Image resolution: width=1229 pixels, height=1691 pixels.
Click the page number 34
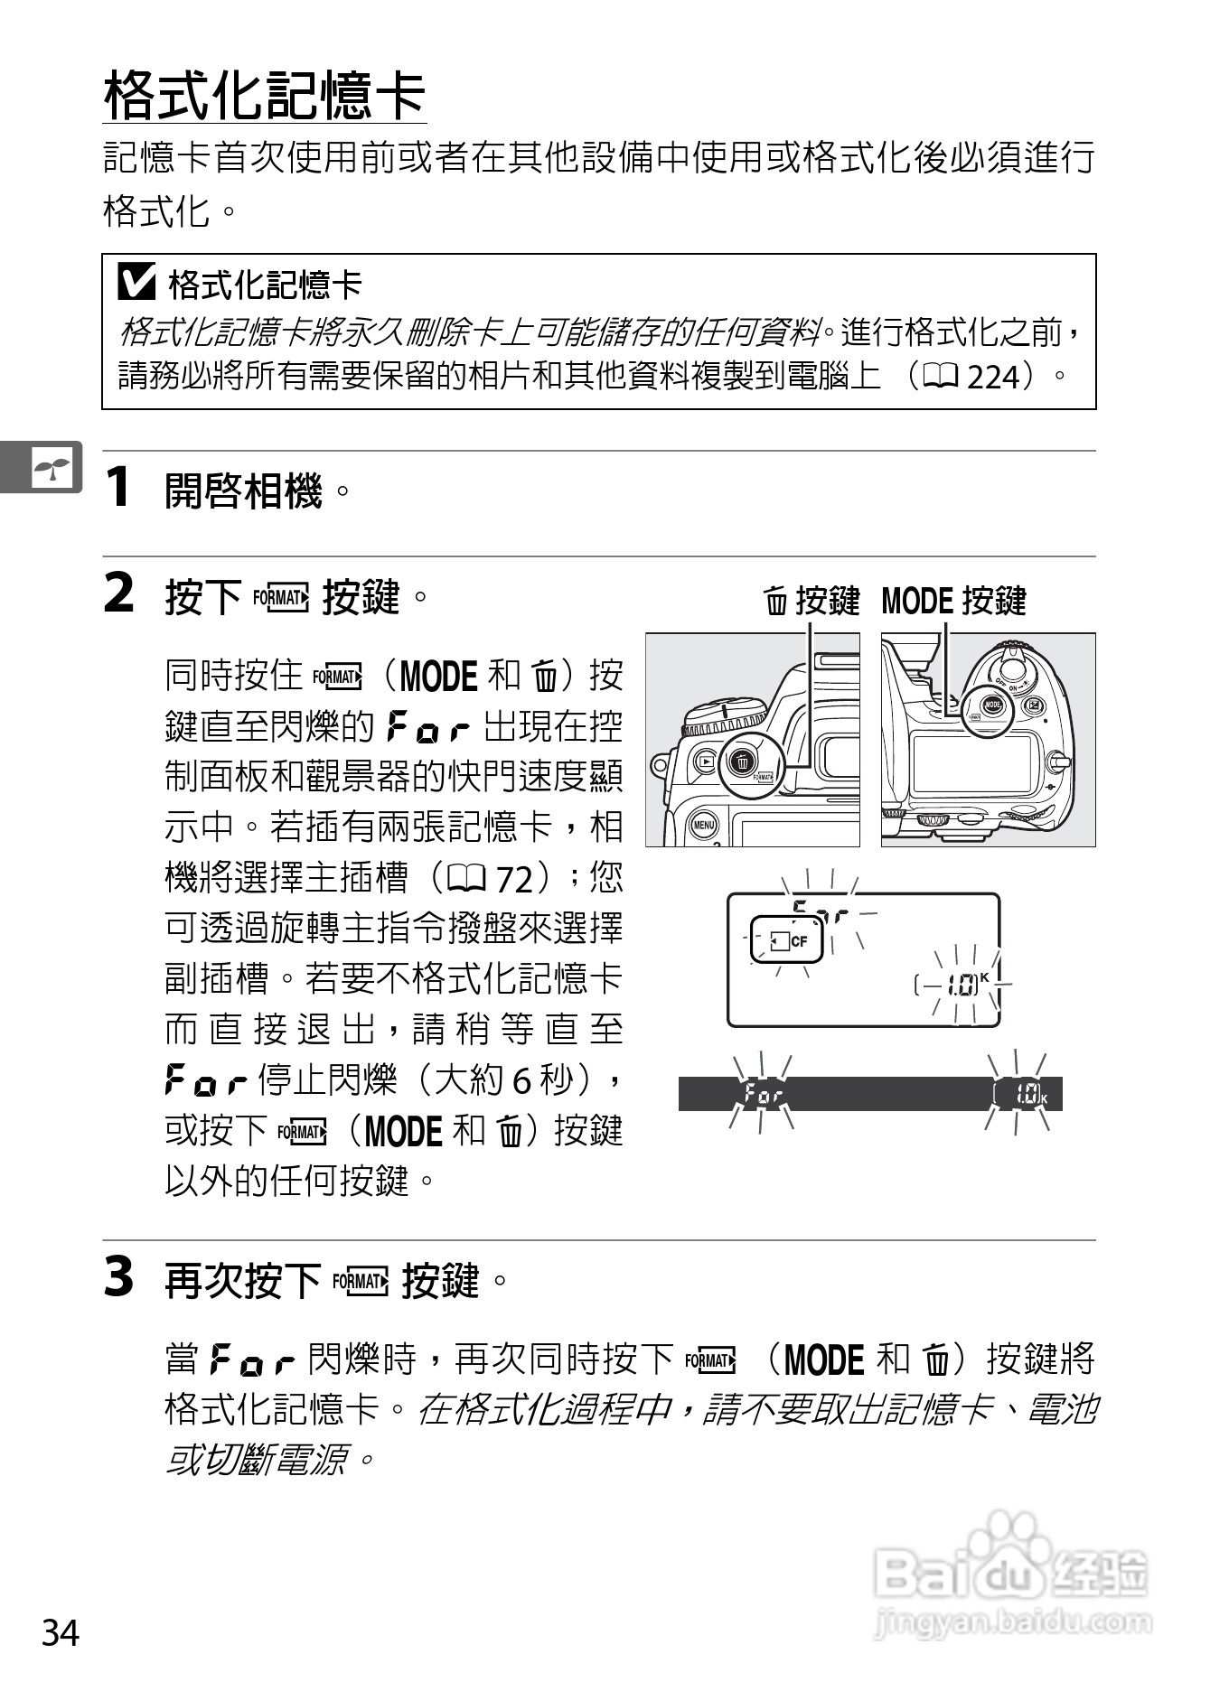[x=61, y=1633]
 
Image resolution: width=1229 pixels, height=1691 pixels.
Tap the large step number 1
[x=118, y=488]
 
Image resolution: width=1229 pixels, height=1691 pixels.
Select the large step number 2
[x=119, y=594]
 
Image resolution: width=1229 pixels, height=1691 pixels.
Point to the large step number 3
[x=119, y=1277]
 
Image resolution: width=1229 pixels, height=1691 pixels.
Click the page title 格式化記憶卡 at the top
[x=264, y=96]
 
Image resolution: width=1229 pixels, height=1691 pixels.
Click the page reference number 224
[x=992, y=377]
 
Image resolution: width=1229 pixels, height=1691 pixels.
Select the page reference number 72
[x=515, y=878]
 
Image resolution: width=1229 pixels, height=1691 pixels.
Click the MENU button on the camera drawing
[x=703, y=825]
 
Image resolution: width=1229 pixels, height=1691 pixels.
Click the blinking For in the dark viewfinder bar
[x=763, y=1095]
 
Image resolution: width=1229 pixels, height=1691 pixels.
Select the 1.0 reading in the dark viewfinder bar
[x=1026, y=1095]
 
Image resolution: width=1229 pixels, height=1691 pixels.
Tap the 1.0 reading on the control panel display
[x=962, y=986]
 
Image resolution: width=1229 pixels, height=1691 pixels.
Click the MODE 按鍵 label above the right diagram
[x=953, y=601]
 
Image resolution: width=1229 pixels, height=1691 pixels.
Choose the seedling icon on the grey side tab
[x=52, y=468]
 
